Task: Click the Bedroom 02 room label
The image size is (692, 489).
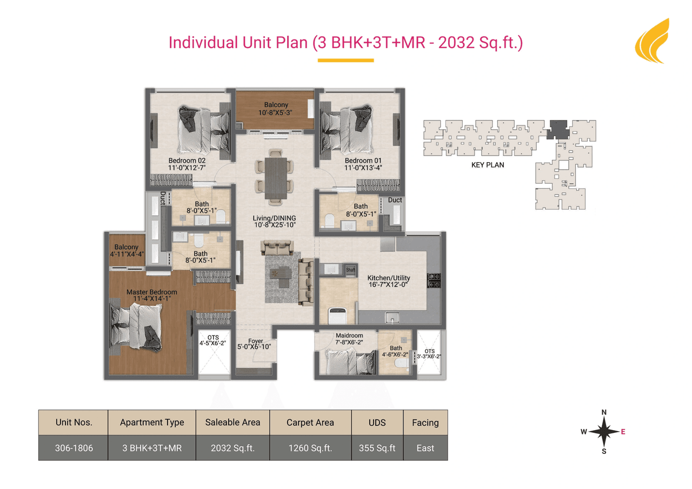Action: (187, 160)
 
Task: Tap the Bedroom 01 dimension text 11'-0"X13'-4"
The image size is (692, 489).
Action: (363, 168)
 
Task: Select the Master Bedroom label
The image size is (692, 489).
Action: (151, 292)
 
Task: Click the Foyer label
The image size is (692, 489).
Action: (256, 341)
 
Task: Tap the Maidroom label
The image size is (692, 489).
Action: (349, 336)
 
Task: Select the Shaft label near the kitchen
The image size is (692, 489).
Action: (350, 270)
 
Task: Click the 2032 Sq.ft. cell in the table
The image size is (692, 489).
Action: (232, 448)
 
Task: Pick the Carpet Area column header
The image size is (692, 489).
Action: (310, 423)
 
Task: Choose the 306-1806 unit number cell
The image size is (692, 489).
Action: (74, 448)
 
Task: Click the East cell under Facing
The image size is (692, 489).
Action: (425, 448)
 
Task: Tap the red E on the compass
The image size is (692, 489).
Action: (623, 432)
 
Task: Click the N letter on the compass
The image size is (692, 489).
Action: (604, 413)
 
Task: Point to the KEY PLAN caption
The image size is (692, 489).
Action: (488, 165)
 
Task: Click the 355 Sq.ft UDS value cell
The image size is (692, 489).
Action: (377, 448)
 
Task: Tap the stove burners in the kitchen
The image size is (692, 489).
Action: (434, 280)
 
